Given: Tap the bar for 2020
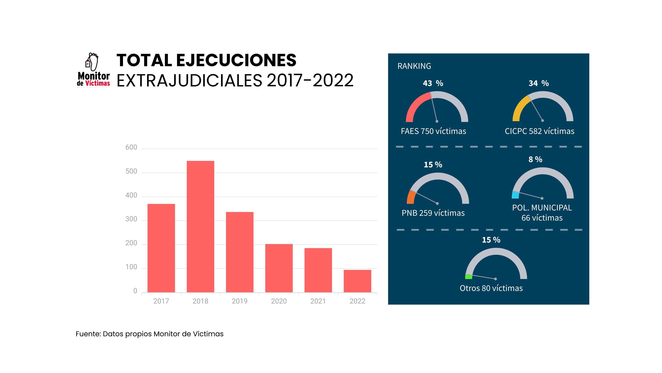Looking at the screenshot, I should pos(279,268).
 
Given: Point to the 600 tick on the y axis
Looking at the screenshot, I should pos(131,147).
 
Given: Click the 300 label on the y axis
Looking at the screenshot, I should pos(131,219).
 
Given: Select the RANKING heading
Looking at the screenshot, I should pos(414,66).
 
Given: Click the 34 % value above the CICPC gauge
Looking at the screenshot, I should pos(539,83).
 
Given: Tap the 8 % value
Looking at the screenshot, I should pos(535,159).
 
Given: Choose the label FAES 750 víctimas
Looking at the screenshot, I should pos(433,131).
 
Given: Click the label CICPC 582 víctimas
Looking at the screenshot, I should pos(539,131).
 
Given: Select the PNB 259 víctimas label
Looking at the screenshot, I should pos(433,213).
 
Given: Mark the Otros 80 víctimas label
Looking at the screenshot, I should pos(491,288).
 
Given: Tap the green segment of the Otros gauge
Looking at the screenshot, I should pos(468,277).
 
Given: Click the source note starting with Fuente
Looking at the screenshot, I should pos(149,334).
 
